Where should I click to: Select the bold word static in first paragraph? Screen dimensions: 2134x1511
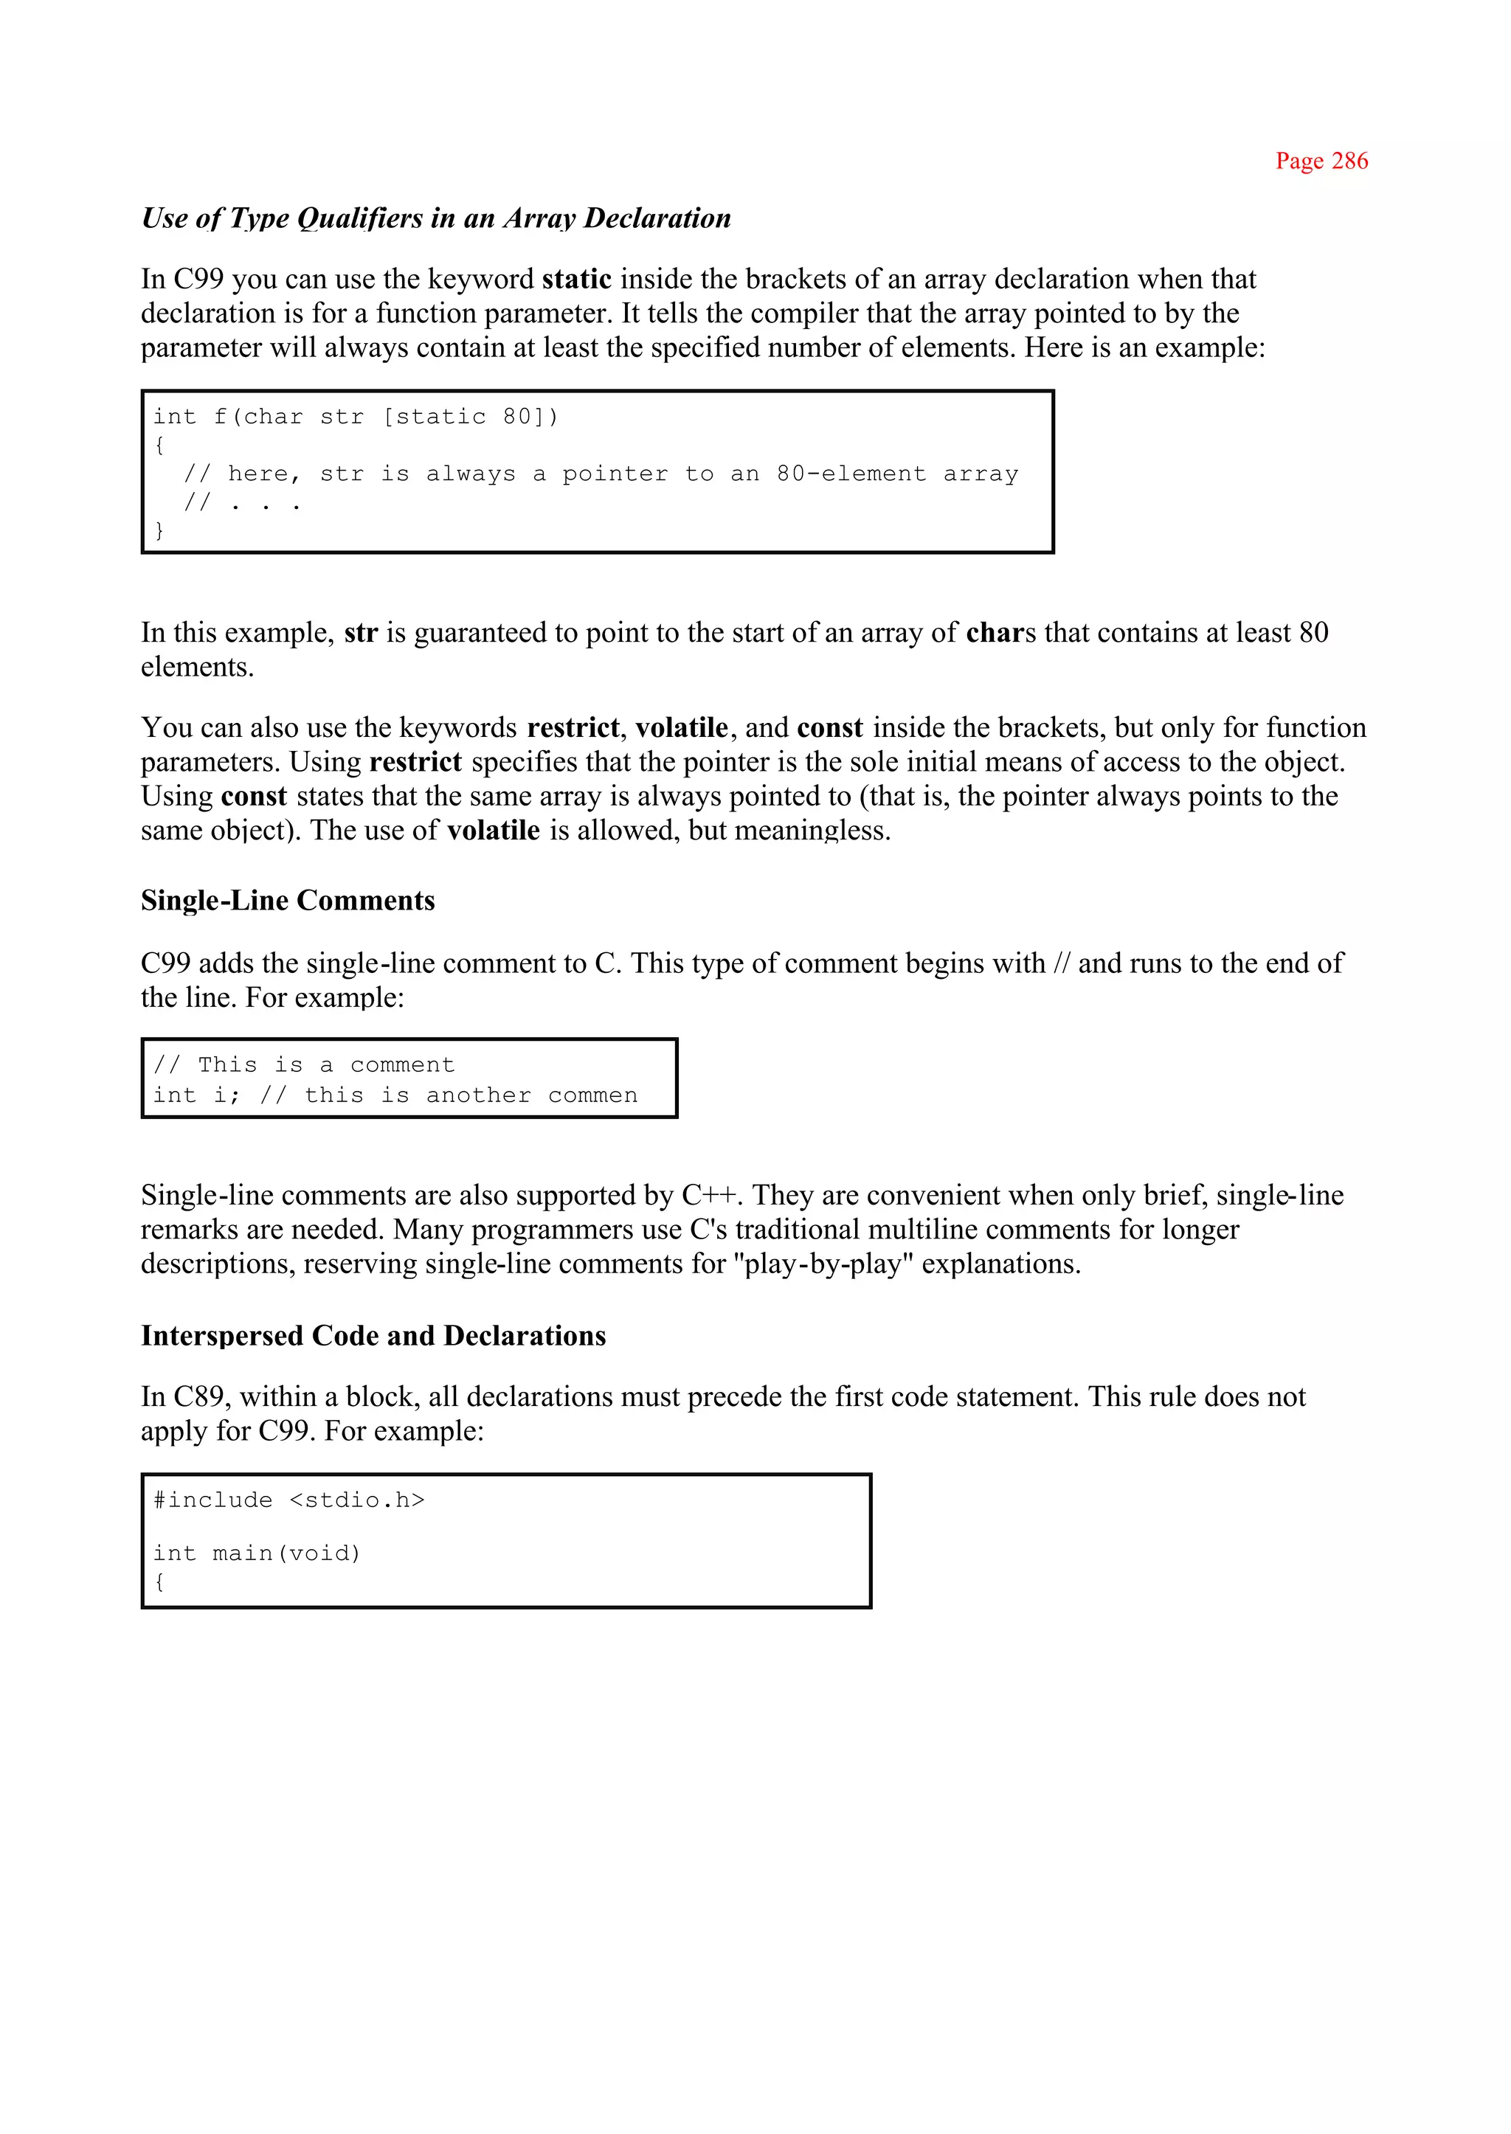pyautogui.click(x=576, y=279)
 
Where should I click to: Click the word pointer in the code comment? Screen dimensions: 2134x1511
pyautogui.click(x=614, y=474)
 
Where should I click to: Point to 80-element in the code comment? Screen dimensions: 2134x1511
pyautogui.click(x=851, y=474)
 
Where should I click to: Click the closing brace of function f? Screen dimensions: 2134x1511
pyautogui.click(x=159, y=530)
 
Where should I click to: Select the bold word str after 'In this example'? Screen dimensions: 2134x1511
pyautogui.click(x=360, y=633)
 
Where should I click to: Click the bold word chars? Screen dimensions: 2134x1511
pyautogui.click(x=1000, y=633)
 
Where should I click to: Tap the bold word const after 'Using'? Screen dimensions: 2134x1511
pyautogui.click(x=253, y=797)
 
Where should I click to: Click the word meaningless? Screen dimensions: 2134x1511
pyautogui.click(x=812, y=831)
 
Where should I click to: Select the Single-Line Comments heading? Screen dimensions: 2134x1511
pyautogui.click(x=288, y=901)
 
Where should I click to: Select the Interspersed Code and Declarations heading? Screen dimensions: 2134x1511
pyautogui.click(x=373, y=1336)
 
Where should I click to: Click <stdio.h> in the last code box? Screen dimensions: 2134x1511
pyautogui.click(x=356, y=1500)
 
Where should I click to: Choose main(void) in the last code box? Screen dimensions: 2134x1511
pyautogui.click(x=286, y=1553)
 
